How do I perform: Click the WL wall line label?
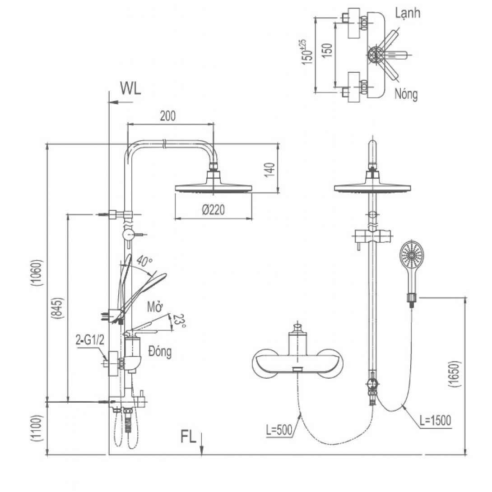tap(130, 88)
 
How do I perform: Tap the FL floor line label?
tap(189, 437)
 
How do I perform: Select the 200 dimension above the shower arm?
tap(167, 116)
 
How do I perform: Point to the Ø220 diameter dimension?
tap(214, 210)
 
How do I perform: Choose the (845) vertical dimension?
tap(59, 311)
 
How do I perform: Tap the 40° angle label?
tap(144, 261)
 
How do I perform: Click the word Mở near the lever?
tap(154, 308)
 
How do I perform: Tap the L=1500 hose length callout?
tap(435, 420)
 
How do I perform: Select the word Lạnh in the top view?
tap(407, 13)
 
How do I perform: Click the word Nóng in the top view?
tap(406, 94)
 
